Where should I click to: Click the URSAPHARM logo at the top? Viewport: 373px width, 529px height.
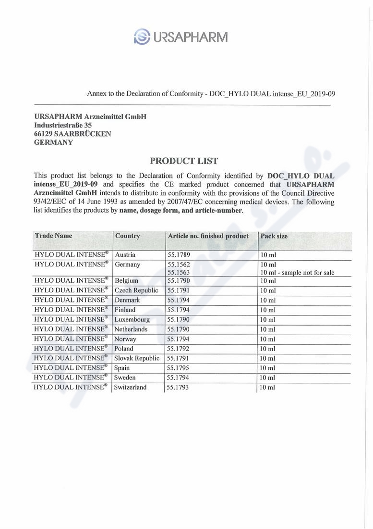tap(180, 36)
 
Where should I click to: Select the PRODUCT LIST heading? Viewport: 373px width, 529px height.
tap(184, 161)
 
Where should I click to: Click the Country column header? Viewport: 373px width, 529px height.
tap(127, 236)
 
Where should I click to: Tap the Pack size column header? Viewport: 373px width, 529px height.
tap(274, 236)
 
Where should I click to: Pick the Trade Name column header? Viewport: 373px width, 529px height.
tap(53, 236)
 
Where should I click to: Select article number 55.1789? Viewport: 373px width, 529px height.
tap(178, 255)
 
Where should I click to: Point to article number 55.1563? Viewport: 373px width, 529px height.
tap(178, 273)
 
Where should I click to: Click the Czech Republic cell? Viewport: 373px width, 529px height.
tap(136, 290)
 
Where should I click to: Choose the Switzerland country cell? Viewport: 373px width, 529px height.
tap(131, 387)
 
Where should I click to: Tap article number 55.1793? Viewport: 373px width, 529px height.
tap(178, 387)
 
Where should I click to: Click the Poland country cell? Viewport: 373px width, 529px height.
tap(124, 349)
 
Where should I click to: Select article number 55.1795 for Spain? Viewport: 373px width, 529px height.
tap(178, 368)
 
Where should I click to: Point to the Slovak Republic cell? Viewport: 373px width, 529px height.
tap(137, 358)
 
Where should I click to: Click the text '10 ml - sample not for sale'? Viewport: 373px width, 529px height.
tap(297, 273)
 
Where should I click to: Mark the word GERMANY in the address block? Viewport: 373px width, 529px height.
tap(54, 142)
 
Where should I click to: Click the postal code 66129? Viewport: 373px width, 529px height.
tap(43, 134)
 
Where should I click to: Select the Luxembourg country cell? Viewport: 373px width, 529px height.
tap(132, 319)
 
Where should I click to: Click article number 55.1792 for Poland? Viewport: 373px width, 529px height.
tap(178, 349)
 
